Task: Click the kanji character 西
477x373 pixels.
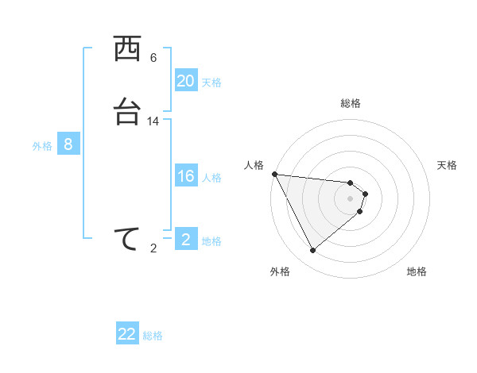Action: pyautogui.click(x=127, y=50)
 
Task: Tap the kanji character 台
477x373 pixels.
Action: pyautogui.click(x=127, y=113)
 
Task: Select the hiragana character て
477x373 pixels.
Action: pyautogui.click(x=127, y=240)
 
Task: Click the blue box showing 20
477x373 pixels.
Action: pyautogui.click(x=186, y=81)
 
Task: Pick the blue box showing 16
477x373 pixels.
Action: pyautogui.click(x=186, y=176)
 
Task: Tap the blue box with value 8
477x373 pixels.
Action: pyautogui.click(x=68, y=144)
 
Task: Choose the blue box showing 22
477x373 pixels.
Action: pyautogui.click(x=127, y=334)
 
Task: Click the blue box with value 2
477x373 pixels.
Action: pyautogui.click(x=186, y=240)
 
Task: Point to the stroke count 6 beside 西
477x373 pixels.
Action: pyautogui.click(x=153, y=58)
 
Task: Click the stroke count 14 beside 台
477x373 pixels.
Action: pyautogui.click(x=153, y=121)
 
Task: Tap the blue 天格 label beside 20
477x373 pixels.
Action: pyautogui.click(x=211, y=82)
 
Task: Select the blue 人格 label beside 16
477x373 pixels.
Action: pyautogui.click(x=211, y=177)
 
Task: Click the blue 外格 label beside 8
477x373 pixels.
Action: pyautogui.click(x=42, y=145)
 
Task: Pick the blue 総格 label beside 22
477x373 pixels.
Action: pyautogui.click(x=153, y=335)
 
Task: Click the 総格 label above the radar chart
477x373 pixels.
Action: pyautogui.click(x=351, y=103)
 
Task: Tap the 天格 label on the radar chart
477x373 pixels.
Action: pyautogui.click(x=447, y=165)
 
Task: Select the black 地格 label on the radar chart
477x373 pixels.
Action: pyautogui.click(x=417, y=271)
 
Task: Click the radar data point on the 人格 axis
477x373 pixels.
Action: pyautogui.click(x=274, y=174)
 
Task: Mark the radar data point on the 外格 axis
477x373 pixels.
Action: pyautogui.click(x=312, y=251)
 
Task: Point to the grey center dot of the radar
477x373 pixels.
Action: pyautogui.click(x=351, y=198)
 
